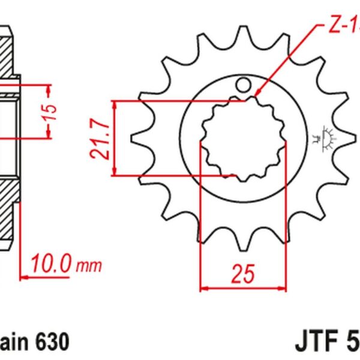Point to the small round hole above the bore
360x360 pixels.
(244, 85)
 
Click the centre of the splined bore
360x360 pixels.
(242, 139)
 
